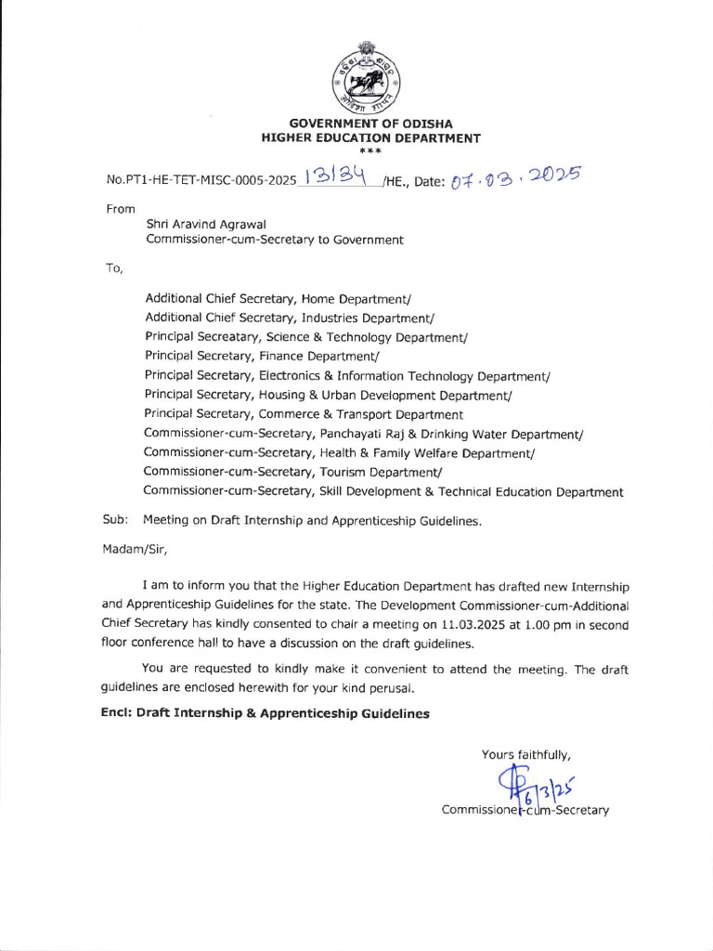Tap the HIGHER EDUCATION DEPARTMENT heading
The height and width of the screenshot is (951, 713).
click(371, 138)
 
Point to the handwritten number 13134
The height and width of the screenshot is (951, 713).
click(337, 176)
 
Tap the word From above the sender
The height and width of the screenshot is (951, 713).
click(121, 209)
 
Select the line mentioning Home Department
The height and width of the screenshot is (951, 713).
click(278, 298)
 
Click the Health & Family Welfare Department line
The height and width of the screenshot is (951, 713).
click(340, 452)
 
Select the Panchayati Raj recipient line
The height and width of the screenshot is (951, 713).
click(364, 434)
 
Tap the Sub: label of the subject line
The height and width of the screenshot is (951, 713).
click(114, 521)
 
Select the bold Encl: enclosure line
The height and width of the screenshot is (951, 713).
click(266, 713)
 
